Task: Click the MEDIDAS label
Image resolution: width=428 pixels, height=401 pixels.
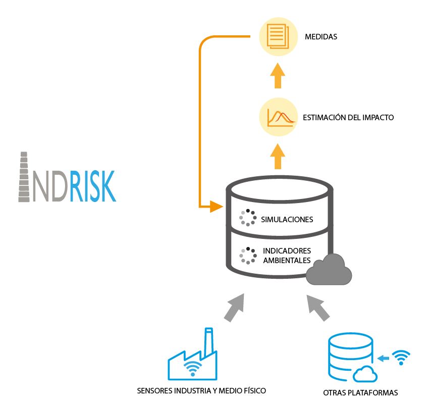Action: [320, 37]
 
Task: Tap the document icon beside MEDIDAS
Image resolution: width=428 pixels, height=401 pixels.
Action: [276, 36]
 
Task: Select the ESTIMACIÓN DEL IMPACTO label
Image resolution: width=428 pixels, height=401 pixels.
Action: [348, 118]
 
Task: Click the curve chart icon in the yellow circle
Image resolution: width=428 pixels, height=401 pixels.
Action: [277, 117]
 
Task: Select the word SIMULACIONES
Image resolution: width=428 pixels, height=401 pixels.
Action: [287, 220]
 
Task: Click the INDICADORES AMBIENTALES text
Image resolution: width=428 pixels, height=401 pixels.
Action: [287, 255]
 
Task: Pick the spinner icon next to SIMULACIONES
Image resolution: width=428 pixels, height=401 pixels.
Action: [247, 218]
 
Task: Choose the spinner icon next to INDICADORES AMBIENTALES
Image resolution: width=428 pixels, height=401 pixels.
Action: [248, 256]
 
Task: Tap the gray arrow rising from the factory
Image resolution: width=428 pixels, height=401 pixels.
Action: [233, 308]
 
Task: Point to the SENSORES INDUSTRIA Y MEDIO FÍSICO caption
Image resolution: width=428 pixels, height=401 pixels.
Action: [201, 390]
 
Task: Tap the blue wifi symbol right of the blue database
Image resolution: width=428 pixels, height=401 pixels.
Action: [401, 358]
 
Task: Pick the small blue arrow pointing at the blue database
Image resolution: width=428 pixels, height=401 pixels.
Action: [383, 359]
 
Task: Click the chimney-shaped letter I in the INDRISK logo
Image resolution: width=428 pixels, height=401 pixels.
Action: [24, 177]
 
